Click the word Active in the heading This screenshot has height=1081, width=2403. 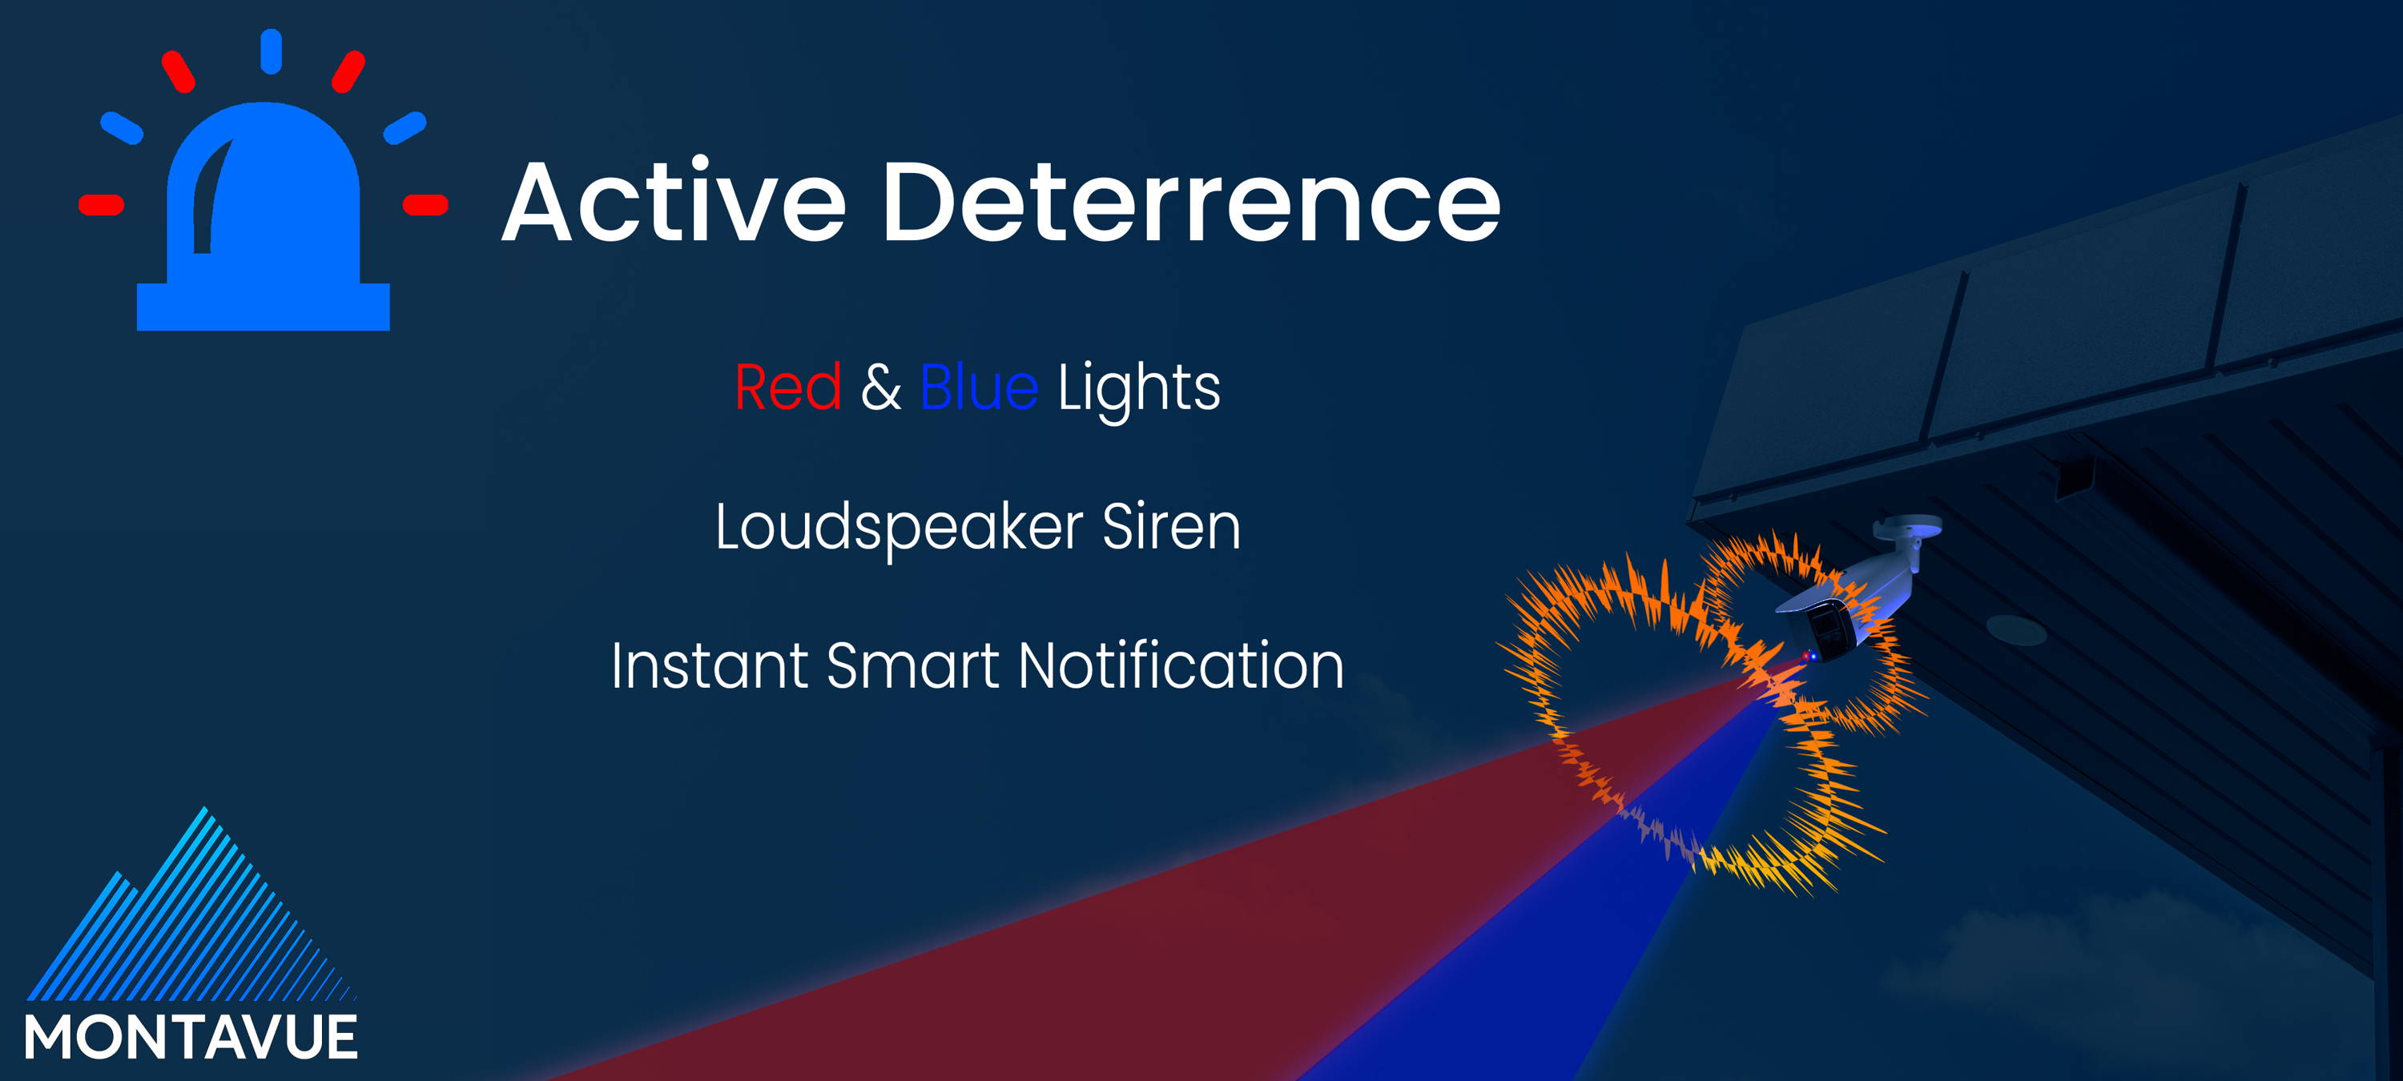(674, 202)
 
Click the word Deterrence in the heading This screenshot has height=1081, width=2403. (1191, 202)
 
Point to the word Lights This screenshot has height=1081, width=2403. (1139, 389)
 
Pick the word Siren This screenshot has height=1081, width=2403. (1172, 527)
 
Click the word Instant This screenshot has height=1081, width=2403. (710, 666)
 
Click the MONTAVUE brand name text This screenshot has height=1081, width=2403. (191, 1037)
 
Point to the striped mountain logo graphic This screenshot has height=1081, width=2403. (191, 905)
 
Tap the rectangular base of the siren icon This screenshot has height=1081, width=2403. (263, 307)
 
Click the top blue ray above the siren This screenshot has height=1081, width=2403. (272, 51)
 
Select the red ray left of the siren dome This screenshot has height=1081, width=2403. (102, 205)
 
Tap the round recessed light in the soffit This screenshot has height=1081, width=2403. (2015, 629)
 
